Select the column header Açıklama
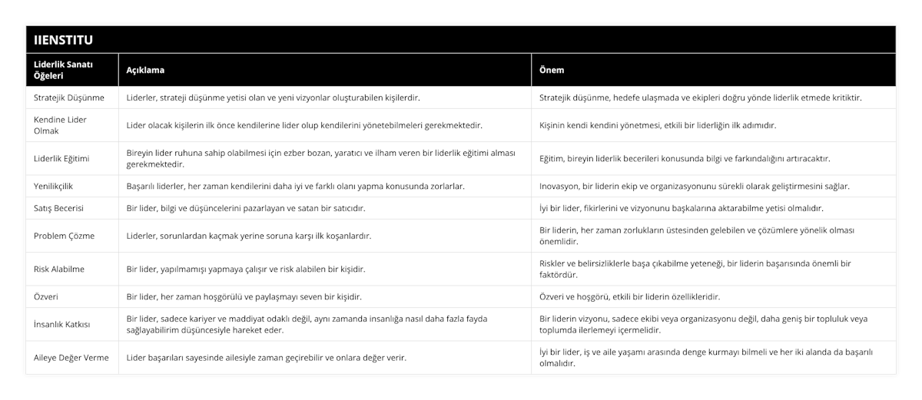point(144,70)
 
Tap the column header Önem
point(552,70)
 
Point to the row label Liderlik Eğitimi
point(62,158)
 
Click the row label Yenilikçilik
point(55,186)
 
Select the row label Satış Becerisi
point(59,208)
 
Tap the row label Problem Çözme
point(65,236)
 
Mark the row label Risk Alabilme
point(59,269)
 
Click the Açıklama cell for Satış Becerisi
point(245,208)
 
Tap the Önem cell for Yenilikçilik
point(695,186)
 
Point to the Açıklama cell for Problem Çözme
point(249,236)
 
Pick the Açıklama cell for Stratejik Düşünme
point(273,98)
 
